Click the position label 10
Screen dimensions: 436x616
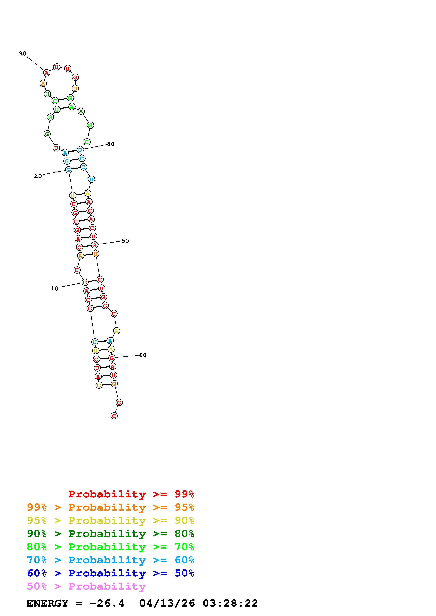(54, 288)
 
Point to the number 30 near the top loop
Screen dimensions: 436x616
(23, 54)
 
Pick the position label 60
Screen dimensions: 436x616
(143, 355)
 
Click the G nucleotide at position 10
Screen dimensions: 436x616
(85, 282)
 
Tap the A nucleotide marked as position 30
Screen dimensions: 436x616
(47, 73)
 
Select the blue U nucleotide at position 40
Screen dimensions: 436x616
(80, 150)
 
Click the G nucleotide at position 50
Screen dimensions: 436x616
(94, 245)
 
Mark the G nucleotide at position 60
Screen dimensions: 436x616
(112, 358)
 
